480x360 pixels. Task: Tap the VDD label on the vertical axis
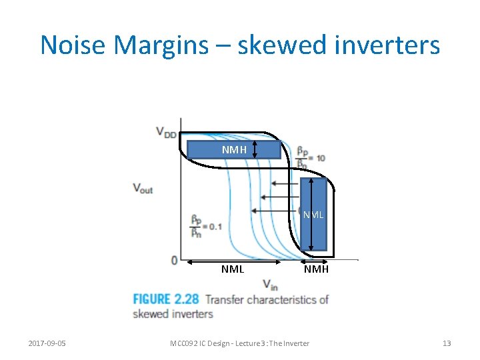[x=167, y=132]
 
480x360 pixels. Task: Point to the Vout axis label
[x=143, y=188]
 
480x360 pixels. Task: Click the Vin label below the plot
[x=270, y=285]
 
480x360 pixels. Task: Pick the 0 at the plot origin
[x=173, y=259]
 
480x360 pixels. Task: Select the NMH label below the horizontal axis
[x=316, y=269]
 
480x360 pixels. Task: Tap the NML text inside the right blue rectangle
[x=313, y=215]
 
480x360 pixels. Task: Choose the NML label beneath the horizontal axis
[x=233, y=269]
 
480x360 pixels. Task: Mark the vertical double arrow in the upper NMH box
[x=255, y=149]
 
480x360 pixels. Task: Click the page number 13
[x=447, y=343]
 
